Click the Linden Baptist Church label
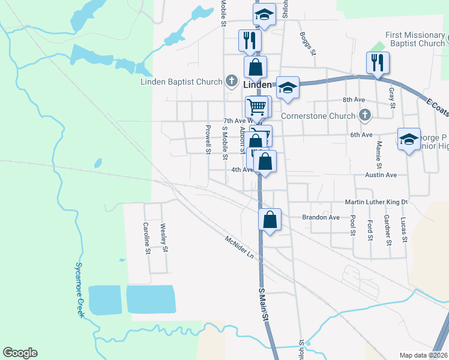(x=182, y=82)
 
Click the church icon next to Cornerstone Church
(x=364, y=114)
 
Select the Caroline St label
(x=146, y=238)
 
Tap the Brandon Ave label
(x=321, y=217)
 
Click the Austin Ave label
(x=381, y=175)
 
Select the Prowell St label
(x=208, y=139)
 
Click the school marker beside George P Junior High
(x=409, y=140)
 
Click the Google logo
(x=20, y=353)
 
